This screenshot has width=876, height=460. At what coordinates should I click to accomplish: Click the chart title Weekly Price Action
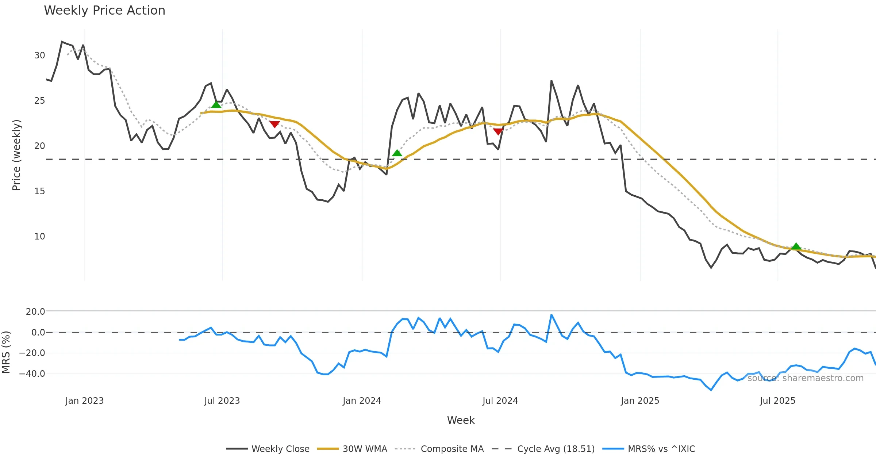(104, 11)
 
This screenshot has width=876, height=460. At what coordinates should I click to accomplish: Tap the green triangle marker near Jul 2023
(216, 105)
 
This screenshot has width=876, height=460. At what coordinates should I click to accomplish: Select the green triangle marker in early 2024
(397, 153)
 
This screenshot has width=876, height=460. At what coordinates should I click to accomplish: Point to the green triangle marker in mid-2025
(796, 246)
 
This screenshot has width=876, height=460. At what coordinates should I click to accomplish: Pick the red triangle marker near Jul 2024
(498, 131)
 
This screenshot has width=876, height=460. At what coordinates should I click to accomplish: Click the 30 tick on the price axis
(39, 55)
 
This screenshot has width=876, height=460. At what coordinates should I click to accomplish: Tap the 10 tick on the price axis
(39, 237)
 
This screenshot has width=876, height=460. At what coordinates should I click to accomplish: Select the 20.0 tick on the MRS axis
(35, 312)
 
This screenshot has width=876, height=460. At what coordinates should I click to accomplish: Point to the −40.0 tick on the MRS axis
(32, 374)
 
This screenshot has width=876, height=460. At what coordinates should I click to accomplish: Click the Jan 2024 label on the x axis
(362, 401)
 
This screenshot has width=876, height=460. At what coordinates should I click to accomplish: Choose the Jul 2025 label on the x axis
(777, 401)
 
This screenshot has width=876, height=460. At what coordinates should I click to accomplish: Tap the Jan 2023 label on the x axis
(84, 401)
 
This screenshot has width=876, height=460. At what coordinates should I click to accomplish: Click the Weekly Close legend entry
(280, 449)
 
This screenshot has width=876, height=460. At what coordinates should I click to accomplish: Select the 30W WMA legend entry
(365, 449)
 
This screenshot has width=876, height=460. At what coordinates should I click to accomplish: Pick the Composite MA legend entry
(452, 449)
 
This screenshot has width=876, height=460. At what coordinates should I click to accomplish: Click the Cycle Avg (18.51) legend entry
(556, 449)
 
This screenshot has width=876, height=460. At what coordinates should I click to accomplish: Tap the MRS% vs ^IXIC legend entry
(661, 449)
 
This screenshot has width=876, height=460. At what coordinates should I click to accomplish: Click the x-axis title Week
(461, 420)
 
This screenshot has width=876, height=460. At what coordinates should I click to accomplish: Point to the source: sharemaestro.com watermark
(805, 378)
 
